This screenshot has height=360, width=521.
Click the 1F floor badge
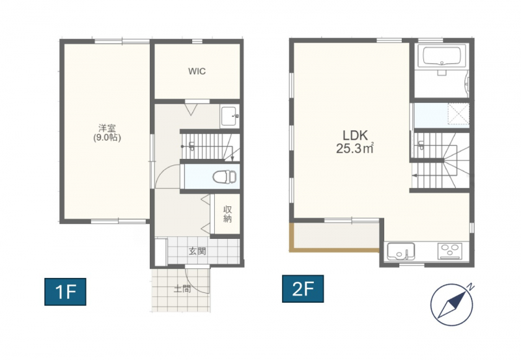pos(65,292)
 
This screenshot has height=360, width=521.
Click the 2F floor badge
pos(303,288)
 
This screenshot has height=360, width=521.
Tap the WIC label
pos(197,71)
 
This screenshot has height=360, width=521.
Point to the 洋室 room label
pos(107,128)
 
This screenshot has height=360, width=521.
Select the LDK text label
pos(355,135)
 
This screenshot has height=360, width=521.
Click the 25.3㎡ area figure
pos(355,148)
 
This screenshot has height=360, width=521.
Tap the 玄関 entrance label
pos(197,251)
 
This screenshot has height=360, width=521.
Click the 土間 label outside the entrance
pos(182,288)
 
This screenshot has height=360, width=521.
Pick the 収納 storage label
pos(227,214)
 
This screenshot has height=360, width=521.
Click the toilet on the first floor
pos(224,176)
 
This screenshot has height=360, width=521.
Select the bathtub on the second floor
pos(442,56)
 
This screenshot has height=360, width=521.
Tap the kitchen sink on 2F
pos(401,251)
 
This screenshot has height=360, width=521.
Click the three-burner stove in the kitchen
pos(449,251)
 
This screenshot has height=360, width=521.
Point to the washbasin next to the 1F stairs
pos(229,116)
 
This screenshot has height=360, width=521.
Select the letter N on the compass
pos(470,286)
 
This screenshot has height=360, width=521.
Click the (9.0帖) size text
pos(107,137)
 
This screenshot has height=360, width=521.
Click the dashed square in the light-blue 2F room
pos(458,113)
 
